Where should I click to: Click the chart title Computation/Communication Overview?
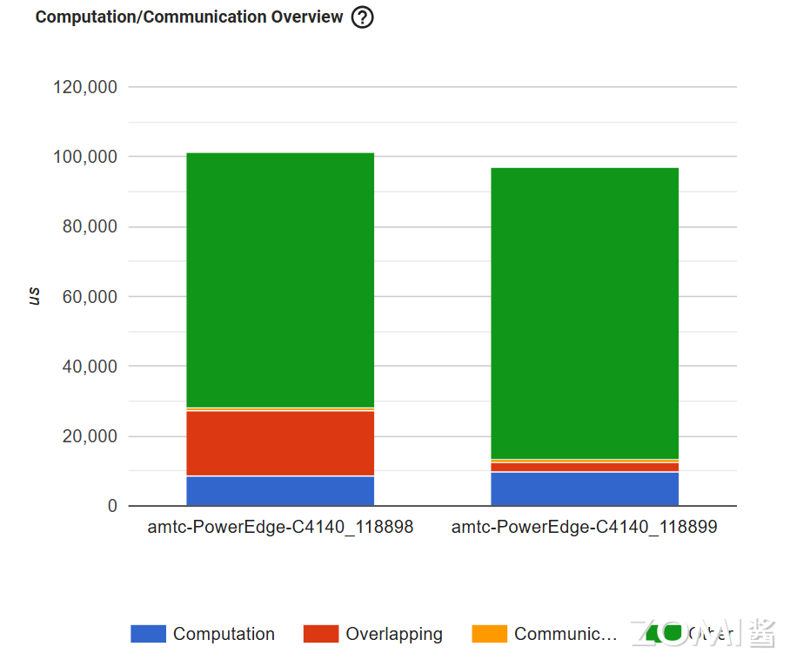189,17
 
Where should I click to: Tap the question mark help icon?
362,17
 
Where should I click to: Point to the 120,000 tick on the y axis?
85,87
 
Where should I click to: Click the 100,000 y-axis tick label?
85,157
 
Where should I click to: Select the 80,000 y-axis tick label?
90,226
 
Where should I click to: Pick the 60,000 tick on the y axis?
90,297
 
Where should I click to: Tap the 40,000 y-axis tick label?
90,367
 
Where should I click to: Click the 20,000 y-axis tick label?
90,436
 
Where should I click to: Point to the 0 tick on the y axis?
112,506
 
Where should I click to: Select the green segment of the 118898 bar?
280,279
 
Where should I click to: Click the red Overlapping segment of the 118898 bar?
280,443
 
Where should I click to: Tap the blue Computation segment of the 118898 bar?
280,491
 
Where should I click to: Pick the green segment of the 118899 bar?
585,313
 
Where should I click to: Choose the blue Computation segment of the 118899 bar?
585,489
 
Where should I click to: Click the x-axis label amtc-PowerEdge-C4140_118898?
280,528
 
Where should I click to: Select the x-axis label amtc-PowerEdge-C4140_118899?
585,528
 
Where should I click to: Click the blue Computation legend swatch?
148,634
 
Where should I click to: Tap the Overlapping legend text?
394,634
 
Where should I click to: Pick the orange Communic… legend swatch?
489,634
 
